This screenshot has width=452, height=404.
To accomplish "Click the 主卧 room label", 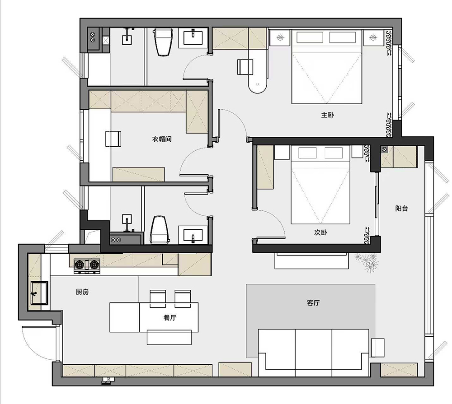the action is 327,115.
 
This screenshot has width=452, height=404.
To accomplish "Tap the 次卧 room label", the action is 320,232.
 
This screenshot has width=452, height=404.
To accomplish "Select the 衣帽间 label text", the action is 162,139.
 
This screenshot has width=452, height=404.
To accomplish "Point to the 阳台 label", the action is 401,209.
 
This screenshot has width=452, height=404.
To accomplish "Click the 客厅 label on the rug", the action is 313,303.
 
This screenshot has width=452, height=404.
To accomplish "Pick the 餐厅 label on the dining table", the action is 169,318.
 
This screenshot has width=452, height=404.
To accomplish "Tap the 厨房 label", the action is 82,292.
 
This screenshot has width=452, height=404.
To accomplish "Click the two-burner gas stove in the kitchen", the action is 87,265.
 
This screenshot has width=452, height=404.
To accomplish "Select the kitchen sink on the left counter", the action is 39,293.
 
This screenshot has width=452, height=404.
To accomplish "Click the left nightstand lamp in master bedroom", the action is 280,37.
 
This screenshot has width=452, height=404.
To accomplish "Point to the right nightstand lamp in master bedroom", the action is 373,37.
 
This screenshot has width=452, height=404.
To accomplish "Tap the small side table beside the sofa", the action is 377,348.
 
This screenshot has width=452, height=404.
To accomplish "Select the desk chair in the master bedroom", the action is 245,67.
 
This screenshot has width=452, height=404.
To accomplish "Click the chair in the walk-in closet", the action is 113,139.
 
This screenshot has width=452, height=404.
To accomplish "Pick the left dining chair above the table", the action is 158,299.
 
